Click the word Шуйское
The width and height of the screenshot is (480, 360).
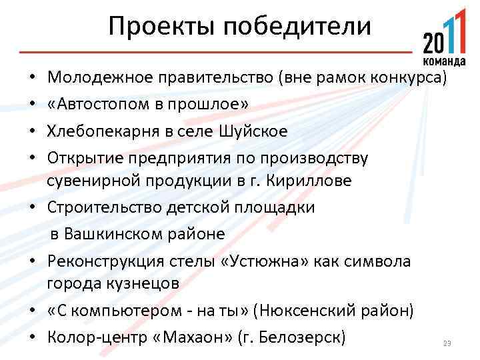(253, 130)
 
